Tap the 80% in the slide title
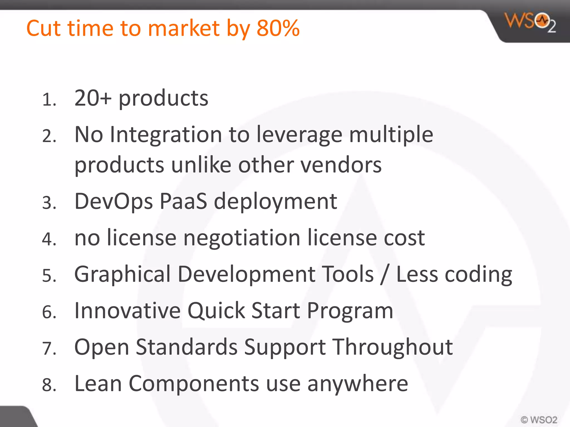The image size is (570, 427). [x=278, y=28]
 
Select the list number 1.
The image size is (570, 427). [x=49, y=100]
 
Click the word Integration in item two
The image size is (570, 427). [x=166, y=135]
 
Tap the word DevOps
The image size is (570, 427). [x=114, y=202]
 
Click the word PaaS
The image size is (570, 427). [x=183, y=201]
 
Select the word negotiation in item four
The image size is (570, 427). [x=242, y=238]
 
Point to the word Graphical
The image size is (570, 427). [x=122, y=275]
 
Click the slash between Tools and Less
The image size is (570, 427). [x=385, y=275]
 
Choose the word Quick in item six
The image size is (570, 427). [x=216, y=311]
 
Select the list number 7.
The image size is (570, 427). [x=49, y=348]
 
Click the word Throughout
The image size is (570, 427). [x=393, y=347]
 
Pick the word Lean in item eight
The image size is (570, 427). [x=98, y=383]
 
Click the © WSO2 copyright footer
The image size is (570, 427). [x=539, y=419]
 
